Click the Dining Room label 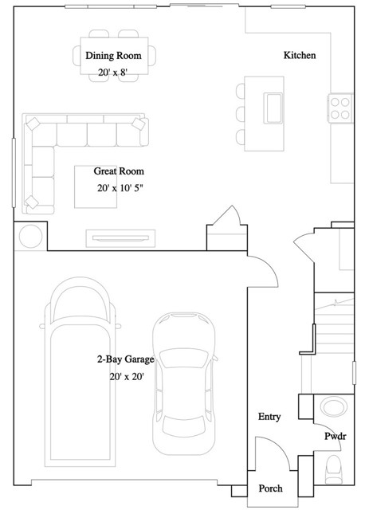click(x=113, y=56)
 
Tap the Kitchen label click(x=300, y=56)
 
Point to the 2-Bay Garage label click(x=126, y=360)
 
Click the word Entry click(x=269, y=417)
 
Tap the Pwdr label click(x=334, y=437)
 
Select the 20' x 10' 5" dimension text click(x=120, y=189)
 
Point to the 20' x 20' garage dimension click(x=127, y=377)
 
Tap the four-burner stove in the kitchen click(x=340, y=108)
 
